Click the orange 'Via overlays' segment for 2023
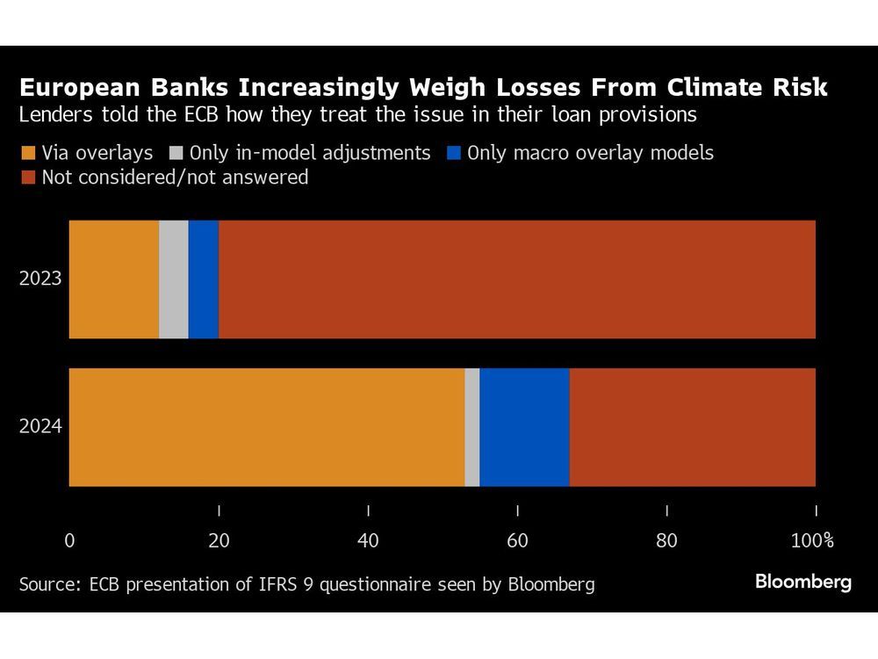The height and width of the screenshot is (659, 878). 113,279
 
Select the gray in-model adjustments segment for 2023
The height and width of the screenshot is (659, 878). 174,279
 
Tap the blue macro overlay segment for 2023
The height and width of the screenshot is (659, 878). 204,279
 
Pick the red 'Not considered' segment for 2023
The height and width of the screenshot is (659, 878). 517,279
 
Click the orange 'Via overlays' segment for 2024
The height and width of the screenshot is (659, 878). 266,427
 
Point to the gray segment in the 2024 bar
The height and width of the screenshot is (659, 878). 472,427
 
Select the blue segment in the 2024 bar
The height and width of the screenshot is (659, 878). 524,427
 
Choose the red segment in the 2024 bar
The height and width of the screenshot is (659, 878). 693,427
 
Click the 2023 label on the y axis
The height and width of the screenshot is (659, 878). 41,279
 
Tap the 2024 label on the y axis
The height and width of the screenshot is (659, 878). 41,427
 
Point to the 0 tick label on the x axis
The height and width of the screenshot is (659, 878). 69,540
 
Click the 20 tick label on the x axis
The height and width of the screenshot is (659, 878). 219,540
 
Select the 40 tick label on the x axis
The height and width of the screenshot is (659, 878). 368,540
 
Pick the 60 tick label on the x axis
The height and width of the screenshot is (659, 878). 517,540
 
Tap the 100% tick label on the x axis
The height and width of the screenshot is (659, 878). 812,540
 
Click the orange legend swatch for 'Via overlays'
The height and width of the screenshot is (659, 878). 27,153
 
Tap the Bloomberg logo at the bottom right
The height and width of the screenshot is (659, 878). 802,582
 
